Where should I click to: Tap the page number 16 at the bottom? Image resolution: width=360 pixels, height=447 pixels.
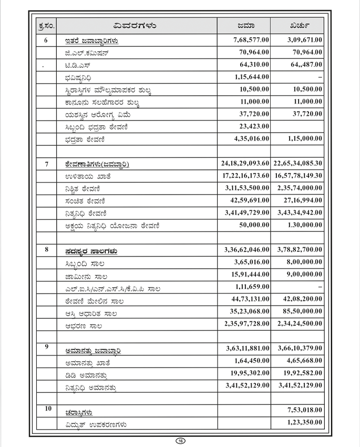click(x=180, y=440)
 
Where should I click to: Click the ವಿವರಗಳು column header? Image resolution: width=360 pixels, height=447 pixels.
click(x=136, y=25)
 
